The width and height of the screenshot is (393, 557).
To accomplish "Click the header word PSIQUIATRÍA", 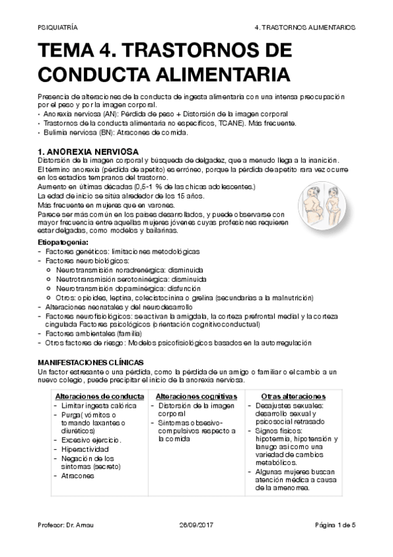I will coord(58,28).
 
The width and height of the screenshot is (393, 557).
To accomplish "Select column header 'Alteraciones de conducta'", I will coord(100,397).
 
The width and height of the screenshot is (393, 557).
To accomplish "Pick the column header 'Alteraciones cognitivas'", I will coord(196,397).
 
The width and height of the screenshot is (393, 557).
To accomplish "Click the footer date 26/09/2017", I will coord(196,525).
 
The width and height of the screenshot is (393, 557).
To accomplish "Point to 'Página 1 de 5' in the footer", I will coord(335,525).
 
